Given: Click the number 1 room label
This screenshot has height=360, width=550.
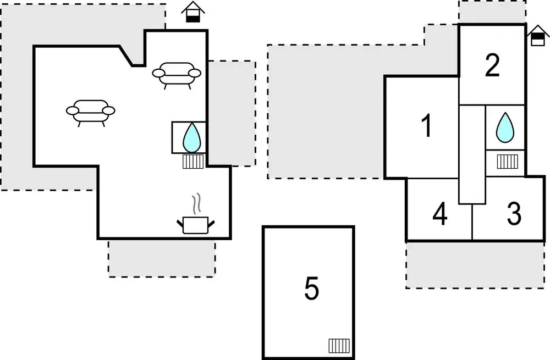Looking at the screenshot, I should click(426, 127).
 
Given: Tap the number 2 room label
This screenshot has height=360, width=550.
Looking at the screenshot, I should click(492, 66).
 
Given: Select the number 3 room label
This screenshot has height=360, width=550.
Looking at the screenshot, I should click(514, 214).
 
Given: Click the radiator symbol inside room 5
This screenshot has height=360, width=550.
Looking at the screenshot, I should click(339, 346).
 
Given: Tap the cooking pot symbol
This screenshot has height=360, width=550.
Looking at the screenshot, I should click(195, 224).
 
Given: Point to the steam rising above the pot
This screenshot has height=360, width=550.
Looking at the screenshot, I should click(196, 204).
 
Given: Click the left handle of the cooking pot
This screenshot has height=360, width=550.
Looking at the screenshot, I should click(180, 223).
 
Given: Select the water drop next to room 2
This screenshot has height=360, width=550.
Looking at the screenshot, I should click(504, 128).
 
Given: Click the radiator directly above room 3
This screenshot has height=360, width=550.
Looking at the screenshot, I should click(508, 162).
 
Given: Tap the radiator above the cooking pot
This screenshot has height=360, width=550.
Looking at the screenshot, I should click(193, 162).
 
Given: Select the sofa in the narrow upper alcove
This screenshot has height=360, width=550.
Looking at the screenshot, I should click(176, 74).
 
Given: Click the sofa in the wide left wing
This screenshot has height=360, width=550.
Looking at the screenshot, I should click(91, 110).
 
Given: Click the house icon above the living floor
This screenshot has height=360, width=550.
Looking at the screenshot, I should click(192, 13).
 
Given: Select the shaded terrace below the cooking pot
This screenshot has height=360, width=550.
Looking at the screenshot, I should click(162, 258).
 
